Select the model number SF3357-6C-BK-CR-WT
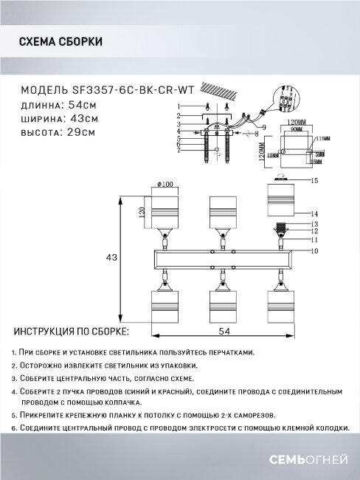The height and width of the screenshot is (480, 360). point(129,89)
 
